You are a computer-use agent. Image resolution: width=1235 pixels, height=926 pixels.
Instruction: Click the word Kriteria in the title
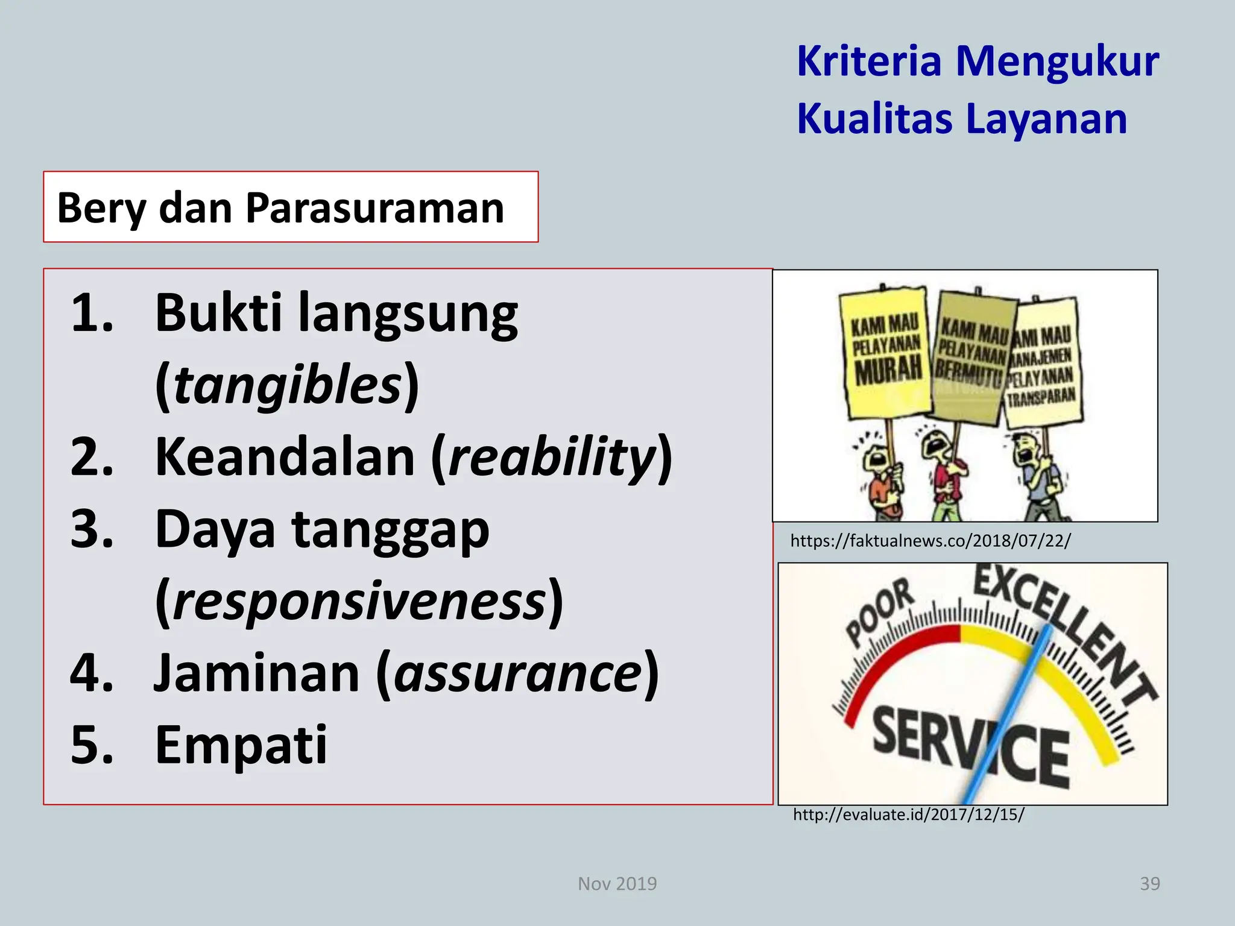(x=868, y=61)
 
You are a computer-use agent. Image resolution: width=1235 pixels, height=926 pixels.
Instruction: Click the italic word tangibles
(x=288, y=385)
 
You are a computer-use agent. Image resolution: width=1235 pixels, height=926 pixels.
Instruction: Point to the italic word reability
(x=552, y=456)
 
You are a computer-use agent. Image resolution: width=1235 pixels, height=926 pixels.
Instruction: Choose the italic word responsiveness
(x=359, y=602)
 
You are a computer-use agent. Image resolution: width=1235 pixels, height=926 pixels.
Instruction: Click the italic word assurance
(x=519, y=673)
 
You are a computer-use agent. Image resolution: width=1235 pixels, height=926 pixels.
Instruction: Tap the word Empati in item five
(x=241, y=745)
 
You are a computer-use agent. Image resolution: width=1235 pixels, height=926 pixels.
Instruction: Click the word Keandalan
(x=285, y=456)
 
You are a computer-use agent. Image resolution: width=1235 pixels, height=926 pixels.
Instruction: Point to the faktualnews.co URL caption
(x=930, y=541)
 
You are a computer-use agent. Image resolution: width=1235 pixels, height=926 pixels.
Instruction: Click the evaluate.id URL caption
(x=908, y=815)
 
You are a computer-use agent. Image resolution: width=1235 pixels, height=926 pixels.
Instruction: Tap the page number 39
(x=1149, y=884)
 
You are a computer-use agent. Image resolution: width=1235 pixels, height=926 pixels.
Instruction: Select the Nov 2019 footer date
(x=617, y=884)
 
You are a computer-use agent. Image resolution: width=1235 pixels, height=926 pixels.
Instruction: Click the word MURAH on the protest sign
(x=888, y=370)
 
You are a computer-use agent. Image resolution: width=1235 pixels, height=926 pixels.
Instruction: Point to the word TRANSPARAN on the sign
(x=1041, y=397)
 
